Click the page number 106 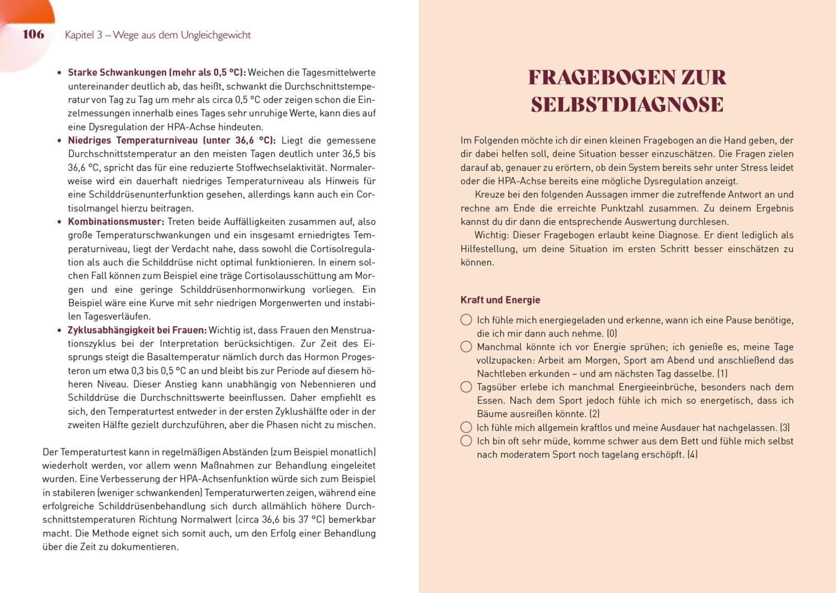33,34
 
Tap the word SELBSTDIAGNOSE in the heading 627,104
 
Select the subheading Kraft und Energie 500,300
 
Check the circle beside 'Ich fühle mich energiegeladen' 466,320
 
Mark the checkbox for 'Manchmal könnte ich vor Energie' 466,346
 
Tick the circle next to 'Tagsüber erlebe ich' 466,387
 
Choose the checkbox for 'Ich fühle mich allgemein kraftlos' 466,427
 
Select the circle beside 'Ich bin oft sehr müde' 466,441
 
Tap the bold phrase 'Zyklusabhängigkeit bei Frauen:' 137,330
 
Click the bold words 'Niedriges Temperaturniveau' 133,141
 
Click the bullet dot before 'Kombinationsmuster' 59,222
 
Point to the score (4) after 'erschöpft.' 692,455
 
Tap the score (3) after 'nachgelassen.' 785,428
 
